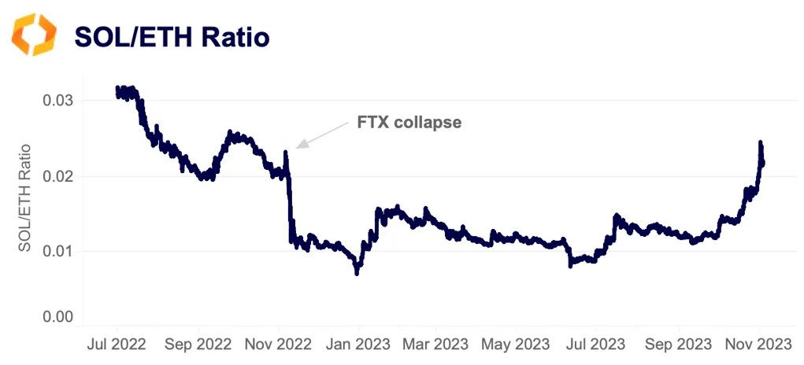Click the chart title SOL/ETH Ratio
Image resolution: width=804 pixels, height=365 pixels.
(172, 36)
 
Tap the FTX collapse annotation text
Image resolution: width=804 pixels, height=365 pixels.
(405, 123)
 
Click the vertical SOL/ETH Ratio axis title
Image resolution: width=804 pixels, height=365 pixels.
(25, 197)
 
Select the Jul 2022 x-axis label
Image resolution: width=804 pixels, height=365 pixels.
(117, 345)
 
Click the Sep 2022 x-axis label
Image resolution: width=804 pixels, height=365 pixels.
(198, 345)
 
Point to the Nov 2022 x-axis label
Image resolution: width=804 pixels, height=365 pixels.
(279, 345)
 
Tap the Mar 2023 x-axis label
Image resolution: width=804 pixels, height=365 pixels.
(436, 345)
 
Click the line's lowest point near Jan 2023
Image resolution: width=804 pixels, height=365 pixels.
(357, 273)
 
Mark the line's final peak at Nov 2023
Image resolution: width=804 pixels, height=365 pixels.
(761, 143)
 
